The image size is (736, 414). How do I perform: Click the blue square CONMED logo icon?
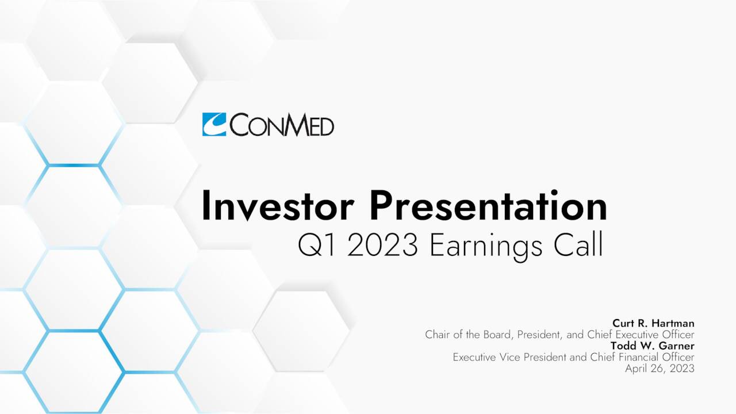click(x=214, y=124)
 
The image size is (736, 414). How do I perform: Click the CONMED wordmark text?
click(x=282, y=125)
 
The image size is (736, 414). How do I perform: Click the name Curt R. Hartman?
click(x=653, y=324)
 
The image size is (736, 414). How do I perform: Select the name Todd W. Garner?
click(x=652, y=346)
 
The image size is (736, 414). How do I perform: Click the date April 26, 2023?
click(x=660, y=368)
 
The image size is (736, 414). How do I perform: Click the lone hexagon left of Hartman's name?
click(x=301, y=331)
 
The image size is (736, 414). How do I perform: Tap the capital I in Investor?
click(x=205, y=207)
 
